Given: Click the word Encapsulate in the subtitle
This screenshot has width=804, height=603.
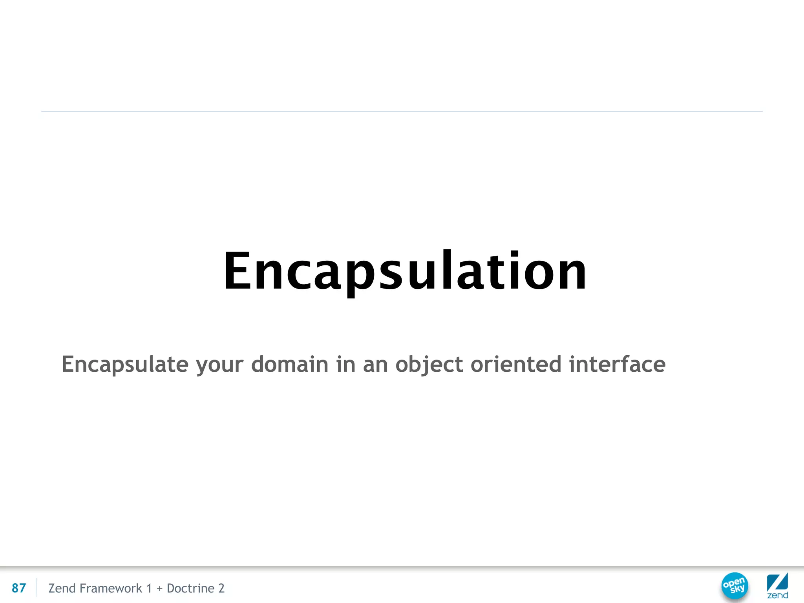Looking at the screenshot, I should click(125, 364).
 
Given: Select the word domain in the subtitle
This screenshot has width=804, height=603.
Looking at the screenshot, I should click(290, 364).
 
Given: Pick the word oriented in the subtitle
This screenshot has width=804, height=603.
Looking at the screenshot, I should click(516, 364).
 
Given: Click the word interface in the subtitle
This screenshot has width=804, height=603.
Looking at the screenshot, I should click(617, 364).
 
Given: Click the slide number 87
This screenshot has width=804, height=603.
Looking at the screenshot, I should click(19, 588).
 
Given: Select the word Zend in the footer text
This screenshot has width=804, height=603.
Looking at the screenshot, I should click(62, 588).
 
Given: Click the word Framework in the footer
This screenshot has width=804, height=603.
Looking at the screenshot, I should click(111, 588).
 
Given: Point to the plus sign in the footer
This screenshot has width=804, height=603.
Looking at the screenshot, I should click(159, 588).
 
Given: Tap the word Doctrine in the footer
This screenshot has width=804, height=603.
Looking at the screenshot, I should click(190, 588).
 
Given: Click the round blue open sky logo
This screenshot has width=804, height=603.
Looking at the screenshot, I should click(735, 586).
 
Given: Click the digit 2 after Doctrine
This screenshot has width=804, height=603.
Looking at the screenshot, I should click(221, 588).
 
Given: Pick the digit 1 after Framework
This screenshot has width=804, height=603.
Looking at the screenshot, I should click(149, 588).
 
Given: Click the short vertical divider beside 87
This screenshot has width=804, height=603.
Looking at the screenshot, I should click(36, 587).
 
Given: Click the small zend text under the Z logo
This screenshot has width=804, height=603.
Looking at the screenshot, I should click(777, 596).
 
